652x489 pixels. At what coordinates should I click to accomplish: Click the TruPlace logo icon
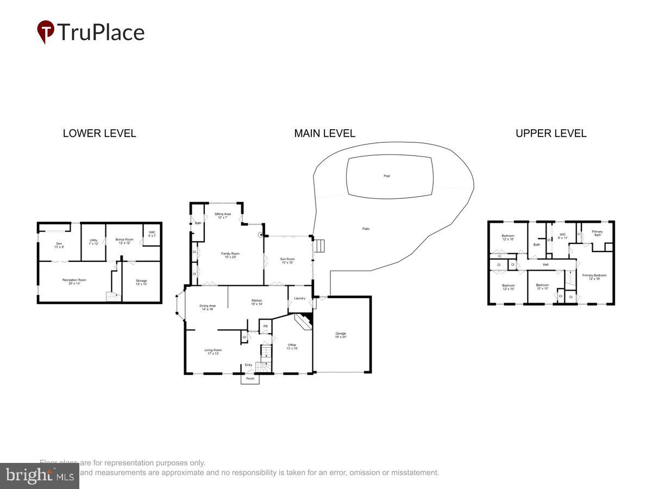(x=46, y=32)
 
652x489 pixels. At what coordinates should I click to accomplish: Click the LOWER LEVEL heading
(x=99, y=133)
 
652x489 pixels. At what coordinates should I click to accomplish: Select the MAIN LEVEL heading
(x=324, y=133)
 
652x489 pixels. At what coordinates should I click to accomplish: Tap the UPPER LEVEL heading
(x=551, y=133)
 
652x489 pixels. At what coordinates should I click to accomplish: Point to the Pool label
(x=387, y=176)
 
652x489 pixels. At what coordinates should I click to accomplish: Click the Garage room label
(x=341, y=335)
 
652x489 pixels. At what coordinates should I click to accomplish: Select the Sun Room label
(x=286, y=261)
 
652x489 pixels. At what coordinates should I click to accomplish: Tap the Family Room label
(x=232, y=255)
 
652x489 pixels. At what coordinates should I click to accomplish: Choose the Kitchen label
(x=256, y=302)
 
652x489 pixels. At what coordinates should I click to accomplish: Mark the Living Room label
(x=212, y=352)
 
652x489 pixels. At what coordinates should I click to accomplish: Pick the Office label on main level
(x=292, y=346)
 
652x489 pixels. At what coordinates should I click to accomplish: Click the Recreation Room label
(x=74, y=281)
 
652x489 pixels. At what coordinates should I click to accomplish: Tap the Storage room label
(x=141, y=282)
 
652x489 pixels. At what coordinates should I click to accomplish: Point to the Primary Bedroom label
(x=594, y=277)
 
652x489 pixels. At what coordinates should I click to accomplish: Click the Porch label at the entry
(x=250, y=379)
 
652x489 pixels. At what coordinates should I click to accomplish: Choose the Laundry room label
(x=299, y=298)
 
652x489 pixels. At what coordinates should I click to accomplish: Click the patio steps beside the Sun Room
(x=321, y=246)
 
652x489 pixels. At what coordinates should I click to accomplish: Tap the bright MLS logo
(x=39, y=476)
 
